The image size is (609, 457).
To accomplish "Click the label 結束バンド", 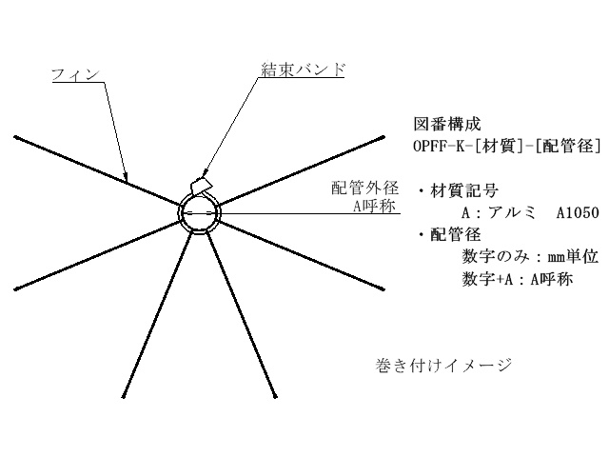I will [x=303, y=70].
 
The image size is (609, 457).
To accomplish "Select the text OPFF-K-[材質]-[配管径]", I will [x=506, y=147].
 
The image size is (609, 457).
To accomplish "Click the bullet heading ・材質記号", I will [x=458, y=190].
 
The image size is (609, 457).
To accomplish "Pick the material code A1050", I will [x=578, y=212].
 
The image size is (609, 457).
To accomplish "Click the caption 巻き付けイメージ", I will [x=444, y=366].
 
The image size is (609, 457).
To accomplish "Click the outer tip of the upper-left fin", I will [x=15, y=137].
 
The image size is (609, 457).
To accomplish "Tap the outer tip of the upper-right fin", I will [x=383, y=137].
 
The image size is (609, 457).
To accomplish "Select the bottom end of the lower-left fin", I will [x=125, y=396].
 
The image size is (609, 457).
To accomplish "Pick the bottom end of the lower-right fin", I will [x=276, y=396].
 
